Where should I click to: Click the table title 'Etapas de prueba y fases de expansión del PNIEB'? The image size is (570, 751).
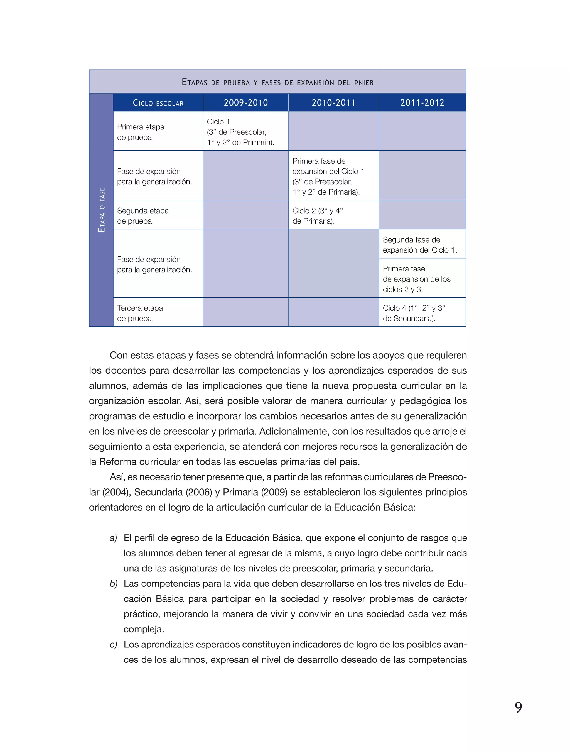(277, 82)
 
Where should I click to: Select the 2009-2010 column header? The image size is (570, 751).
(246, 102)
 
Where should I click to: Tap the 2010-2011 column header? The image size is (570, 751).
(333, 102)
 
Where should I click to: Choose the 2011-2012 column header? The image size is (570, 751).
(422, 102)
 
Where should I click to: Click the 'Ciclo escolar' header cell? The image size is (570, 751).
(158, 103)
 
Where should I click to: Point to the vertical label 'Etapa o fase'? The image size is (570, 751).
(101, 210)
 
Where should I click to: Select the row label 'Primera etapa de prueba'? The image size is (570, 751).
(141, 132)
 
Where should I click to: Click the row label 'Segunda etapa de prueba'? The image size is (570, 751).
(142, 216)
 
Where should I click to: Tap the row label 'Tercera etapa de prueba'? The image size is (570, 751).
(140, 313)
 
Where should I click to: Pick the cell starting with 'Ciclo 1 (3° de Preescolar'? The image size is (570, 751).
(240, 132)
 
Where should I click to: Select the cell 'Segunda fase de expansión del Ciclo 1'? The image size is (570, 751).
(419, 245)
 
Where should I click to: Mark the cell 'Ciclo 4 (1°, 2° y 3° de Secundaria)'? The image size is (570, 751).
(414, 313)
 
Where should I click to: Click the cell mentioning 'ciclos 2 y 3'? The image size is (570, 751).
(416, 279)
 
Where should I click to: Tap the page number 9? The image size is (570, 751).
(518, 707)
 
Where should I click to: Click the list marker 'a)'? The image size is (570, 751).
(113, 538)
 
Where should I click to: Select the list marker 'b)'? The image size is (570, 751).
(113, 584)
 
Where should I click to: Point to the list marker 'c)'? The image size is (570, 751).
(113, 644)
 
